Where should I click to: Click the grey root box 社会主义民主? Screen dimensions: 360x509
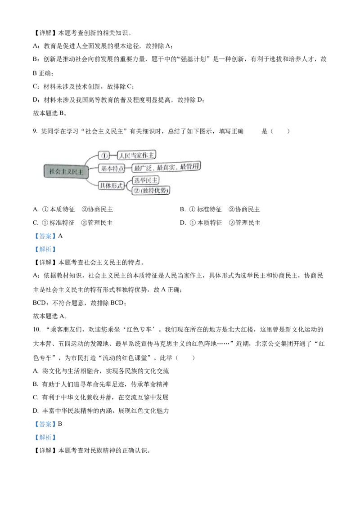[64, 172]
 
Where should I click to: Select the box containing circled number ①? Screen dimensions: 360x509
[104, 156]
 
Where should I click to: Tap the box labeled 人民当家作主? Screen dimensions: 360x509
[135, 156]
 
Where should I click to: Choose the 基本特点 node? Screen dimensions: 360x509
[112, 169]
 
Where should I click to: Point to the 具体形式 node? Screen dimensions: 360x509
[111, 185]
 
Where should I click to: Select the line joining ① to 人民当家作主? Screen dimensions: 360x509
[113, 156]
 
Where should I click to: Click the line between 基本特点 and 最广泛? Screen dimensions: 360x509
[128, 169]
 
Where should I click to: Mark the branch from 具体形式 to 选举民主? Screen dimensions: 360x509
[128, 182]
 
